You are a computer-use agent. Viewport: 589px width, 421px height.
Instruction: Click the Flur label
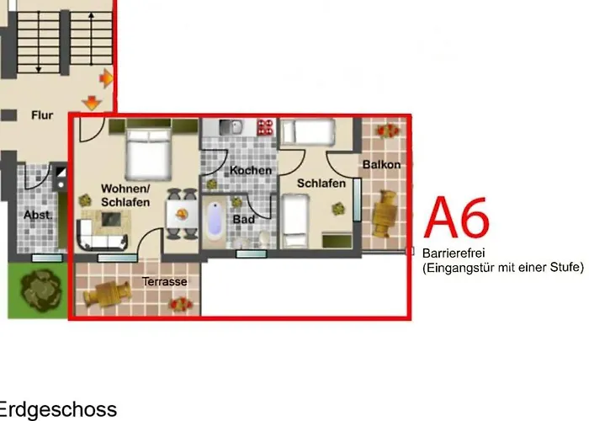point(41,115)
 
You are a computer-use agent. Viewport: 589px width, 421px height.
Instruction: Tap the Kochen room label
point(251,170)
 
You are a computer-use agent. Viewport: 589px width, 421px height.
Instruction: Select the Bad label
point(244,219)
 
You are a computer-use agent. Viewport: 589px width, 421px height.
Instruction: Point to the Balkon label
point(381,164)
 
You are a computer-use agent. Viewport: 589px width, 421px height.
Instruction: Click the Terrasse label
point(164,281)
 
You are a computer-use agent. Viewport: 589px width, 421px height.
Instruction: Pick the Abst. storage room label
point(37,215)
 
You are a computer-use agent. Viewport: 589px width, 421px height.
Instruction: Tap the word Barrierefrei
point(454,253)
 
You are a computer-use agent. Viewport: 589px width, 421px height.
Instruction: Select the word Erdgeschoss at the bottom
point(57,410)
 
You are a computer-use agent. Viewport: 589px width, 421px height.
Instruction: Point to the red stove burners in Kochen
point(267,127)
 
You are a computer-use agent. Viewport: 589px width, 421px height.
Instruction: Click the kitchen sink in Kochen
point(228,127)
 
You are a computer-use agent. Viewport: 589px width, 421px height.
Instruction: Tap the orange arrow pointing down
point(91,104)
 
